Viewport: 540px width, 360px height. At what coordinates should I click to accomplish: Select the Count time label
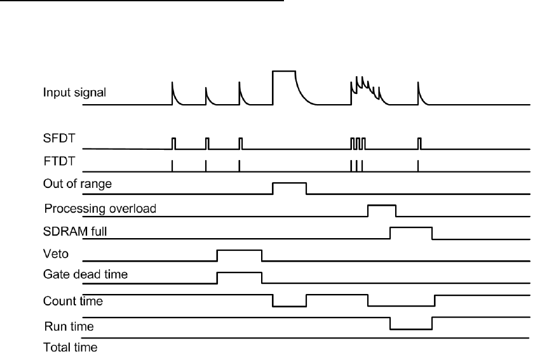66,301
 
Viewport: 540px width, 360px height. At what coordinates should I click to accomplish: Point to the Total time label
65,347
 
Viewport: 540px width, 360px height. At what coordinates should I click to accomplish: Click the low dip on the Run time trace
411,328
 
